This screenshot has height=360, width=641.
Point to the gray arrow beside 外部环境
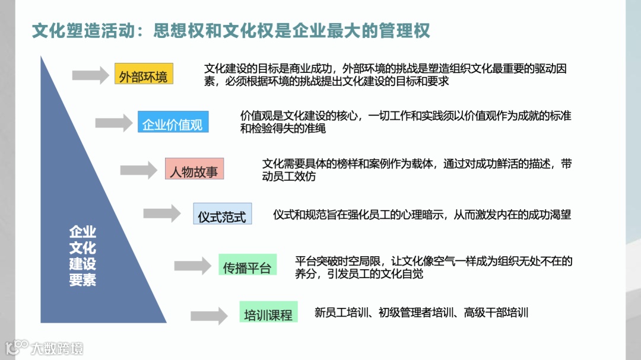(91, 75)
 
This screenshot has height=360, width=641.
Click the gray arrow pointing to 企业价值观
(113, 123)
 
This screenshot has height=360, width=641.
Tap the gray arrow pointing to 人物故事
(138, 170)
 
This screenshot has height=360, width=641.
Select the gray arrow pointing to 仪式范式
(161, 214)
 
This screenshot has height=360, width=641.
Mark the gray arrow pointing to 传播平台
(192, 266)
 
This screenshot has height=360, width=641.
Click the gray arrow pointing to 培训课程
(209, 316)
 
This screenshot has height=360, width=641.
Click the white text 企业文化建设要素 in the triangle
(82, 256)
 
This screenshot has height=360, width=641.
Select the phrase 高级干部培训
(496, 312)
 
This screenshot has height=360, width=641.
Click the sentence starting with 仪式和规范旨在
(421, 214)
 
